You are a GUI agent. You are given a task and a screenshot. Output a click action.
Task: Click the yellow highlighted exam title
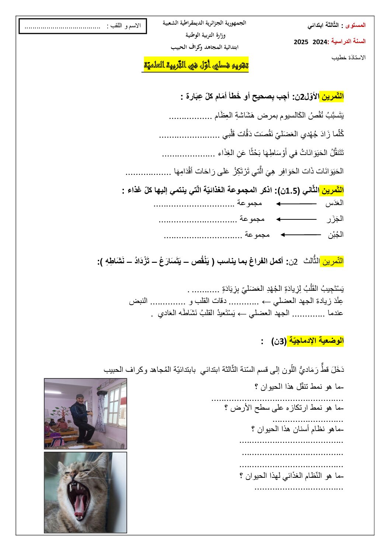196,65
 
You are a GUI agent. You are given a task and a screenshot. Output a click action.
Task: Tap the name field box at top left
83,26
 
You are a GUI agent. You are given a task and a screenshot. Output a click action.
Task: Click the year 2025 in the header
301,42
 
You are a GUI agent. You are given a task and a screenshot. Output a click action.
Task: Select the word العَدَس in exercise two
334,203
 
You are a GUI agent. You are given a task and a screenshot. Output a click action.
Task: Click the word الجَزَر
335,219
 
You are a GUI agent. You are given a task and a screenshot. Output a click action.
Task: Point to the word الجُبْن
335,235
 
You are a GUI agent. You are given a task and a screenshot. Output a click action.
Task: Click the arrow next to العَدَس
296,204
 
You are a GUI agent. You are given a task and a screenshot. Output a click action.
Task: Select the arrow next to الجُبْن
300,235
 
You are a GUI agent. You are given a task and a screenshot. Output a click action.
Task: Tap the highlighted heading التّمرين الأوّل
331,97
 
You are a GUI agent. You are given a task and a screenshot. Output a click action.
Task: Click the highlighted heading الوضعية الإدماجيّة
316,341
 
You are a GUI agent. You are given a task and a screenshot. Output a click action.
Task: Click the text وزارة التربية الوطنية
205,35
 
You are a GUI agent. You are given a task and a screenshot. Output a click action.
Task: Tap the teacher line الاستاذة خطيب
348,57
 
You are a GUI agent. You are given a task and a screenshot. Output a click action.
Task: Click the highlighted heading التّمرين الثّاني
331,191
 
